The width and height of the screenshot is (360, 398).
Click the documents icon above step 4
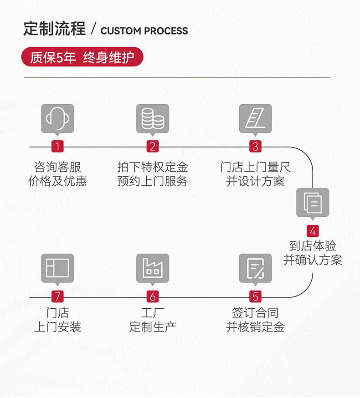click(x=313, y=203)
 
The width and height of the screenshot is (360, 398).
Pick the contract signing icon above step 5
click(x=255, y=268)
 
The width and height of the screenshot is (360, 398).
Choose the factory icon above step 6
click(x=153, y=268)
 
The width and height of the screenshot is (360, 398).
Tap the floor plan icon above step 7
click(x=57, y=268)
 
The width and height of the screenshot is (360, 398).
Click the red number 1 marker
click(x=57, y=147)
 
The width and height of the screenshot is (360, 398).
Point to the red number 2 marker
click(x=153, y=147)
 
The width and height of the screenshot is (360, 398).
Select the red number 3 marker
click(x=255, y=147)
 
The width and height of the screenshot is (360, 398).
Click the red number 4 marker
click(x=313, y=231)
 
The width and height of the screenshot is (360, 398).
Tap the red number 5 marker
click(x=255, y=297)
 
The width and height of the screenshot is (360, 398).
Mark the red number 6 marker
click(x=153, y=297)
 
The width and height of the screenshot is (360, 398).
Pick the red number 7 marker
click(x=57, y=297)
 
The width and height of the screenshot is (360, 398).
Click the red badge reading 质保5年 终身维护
click(x=82, y=58)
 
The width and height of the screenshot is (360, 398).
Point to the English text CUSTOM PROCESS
click(x=144, y=31)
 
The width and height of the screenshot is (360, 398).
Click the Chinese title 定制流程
click(x=54, y=29)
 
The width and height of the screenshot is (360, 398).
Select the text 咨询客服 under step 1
click(x=57, y=167)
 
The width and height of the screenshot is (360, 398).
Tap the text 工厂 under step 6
click(x=153, y=313)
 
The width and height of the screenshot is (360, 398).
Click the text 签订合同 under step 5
click(x=255, y=313)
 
